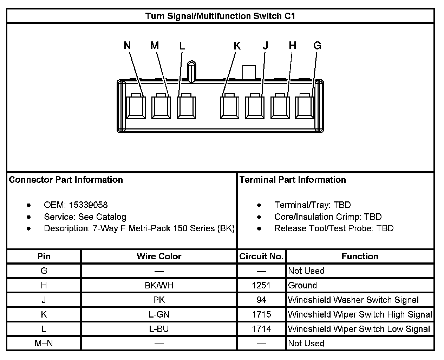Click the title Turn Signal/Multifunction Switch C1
[x=220, y=16]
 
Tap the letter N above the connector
[x=128, y=46]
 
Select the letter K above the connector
[x=237, y=46]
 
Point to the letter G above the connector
[x=317, y=46]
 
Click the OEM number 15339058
[x=88, y=205]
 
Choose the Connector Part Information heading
[x=66, y=180]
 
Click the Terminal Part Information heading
[x=293, y=180]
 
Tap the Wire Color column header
[x=159, y=256]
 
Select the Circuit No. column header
[x=261, y=256]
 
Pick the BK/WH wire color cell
[x=159, y=285]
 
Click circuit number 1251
[x=261, y=285]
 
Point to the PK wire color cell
[x=159, y=300]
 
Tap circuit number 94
[x=261, y=300]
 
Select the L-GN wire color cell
[x=159, y=314]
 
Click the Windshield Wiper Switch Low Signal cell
[x=359, y=329]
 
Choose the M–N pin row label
[x=44, y=344]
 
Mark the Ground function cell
[x=302, y=285]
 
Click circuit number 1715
[x=261, y=314]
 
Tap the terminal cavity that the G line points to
[x=304, y=107]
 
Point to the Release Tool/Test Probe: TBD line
[x=334, y=228]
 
